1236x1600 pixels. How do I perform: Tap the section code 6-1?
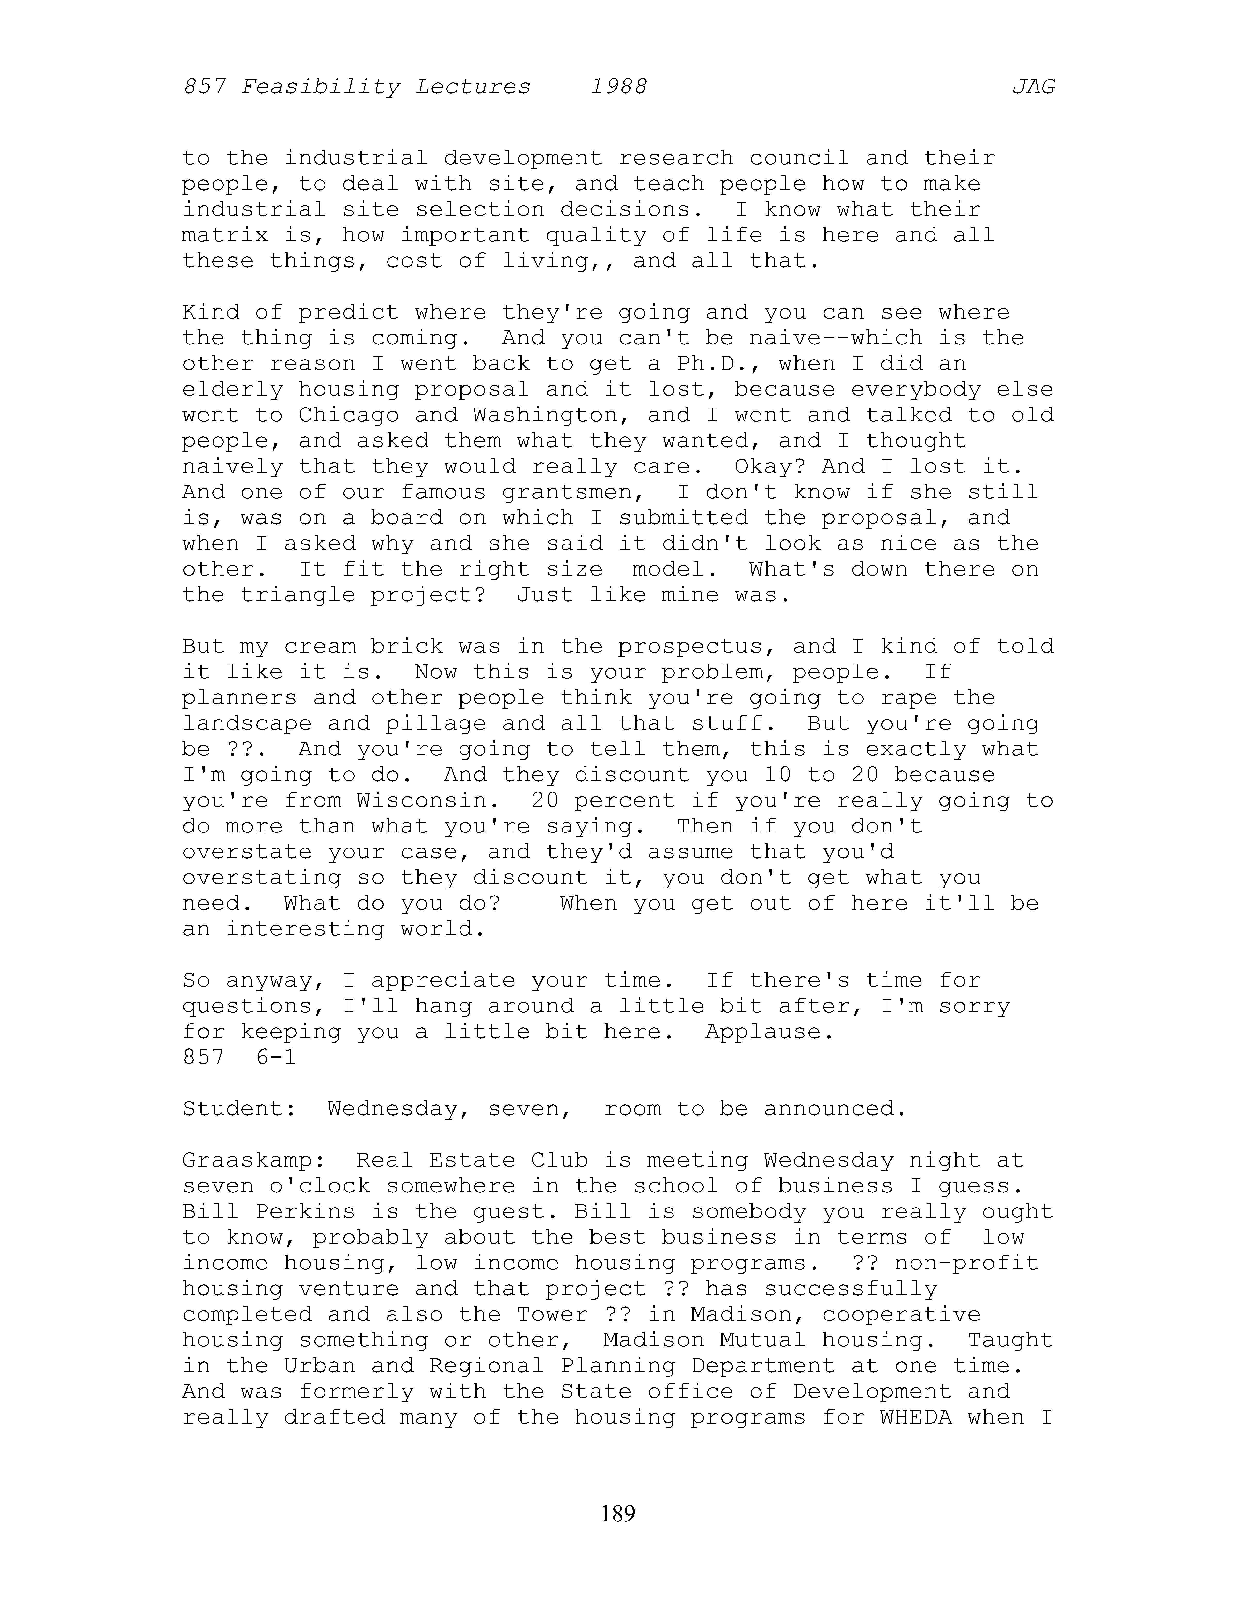tap(277, 1057)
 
